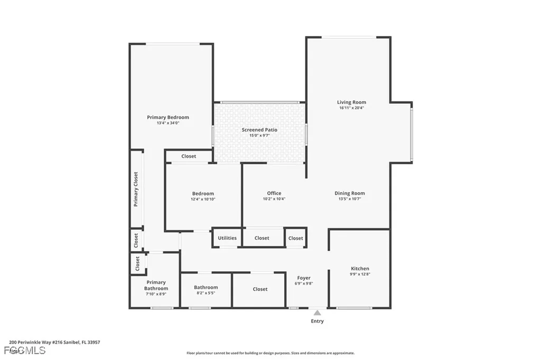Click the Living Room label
[351, 102]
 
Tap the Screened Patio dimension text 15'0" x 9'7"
[259, 136]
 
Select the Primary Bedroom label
[167, 117]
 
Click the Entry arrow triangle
[317, 312]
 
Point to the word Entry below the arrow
[317, 321]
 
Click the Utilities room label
[227, 238]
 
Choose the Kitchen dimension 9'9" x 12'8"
[360, 274]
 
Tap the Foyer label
[304, 278]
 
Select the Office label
[274, 193]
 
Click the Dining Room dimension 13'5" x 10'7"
[350, 199]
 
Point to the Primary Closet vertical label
[136, 189]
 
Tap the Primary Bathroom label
[156, 285]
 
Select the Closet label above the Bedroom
[189, 156]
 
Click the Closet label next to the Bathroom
[260, 289]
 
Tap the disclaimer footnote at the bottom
[270, 353]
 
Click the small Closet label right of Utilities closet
[296, 238]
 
